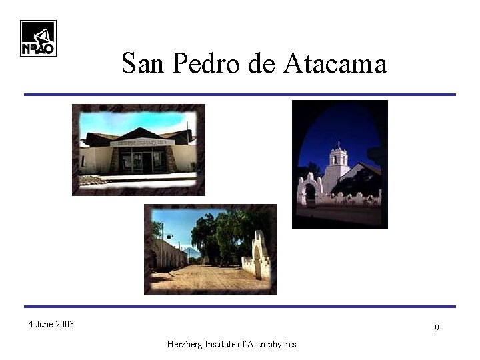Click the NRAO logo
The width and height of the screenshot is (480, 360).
[38, 38]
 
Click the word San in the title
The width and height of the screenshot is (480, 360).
[143, 64]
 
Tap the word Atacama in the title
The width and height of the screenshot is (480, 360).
[335, 64]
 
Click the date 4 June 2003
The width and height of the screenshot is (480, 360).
[51, 325]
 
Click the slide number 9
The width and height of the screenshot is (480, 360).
[437, 328]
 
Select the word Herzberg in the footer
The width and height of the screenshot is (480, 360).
[187, 344]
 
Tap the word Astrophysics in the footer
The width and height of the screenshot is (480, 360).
[271, 344]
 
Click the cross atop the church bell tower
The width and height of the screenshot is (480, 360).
[339, 144]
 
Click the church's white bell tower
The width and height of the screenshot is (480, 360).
[338, 163]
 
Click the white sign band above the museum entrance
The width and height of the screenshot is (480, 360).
[142, 142]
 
